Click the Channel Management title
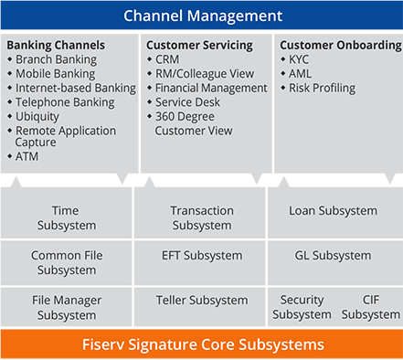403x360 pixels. pos(202,16)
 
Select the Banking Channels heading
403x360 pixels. pos(56,45)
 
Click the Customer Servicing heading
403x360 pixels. pos(199,45)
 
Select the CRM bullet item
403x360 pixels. pos(167,59)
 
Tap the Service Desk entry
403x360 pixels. pos(188,102)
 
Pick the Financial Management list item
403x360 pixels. pos(211,89)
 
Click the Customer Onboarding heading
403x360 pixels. pos(340,45)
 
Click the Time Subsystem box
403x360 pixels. pos(66,217)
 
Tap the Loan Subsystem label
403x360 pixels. pos(333,211)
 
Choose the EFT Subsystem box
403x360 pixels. pos(200,256)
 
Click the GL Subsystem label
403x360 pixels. pos(333,256)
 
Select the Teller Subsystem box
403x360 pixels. pos(202,300)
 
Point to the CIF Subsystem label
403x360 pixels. pos(370,307)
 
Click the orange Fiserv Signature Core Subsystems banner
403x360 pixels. pos(202,344)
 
